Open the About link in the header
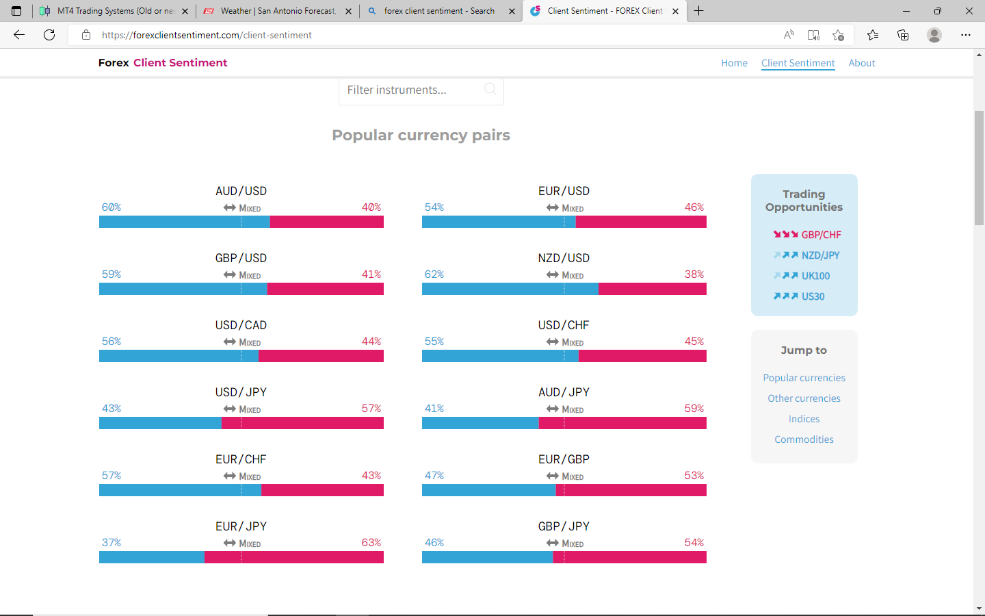click(861, 63)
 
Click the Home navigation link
click(734, 63)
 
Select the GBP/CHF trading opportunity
click(821, 235)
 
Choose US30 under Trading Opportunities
click(813, 296)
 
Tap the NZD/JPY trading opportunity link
click(820, 255)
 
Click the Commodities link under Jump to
click(804, 439)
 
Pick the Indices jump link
click(804, 419)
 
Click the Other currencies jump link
click(804, 398)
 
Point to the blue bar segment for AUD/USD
click(185, 222)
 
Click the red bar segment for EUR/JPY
click(294, 557)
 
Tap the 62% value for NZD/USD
click(434, 274)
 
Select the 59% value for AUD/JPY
click(694, 409)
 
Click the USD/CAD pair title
click(241, 325)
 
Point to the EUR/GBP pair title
click(564, 459)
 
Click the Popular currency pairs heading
click(421, 136)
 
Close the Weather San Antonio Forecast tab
click(348, 11)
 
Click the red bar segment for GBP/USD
click(325, 289)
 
